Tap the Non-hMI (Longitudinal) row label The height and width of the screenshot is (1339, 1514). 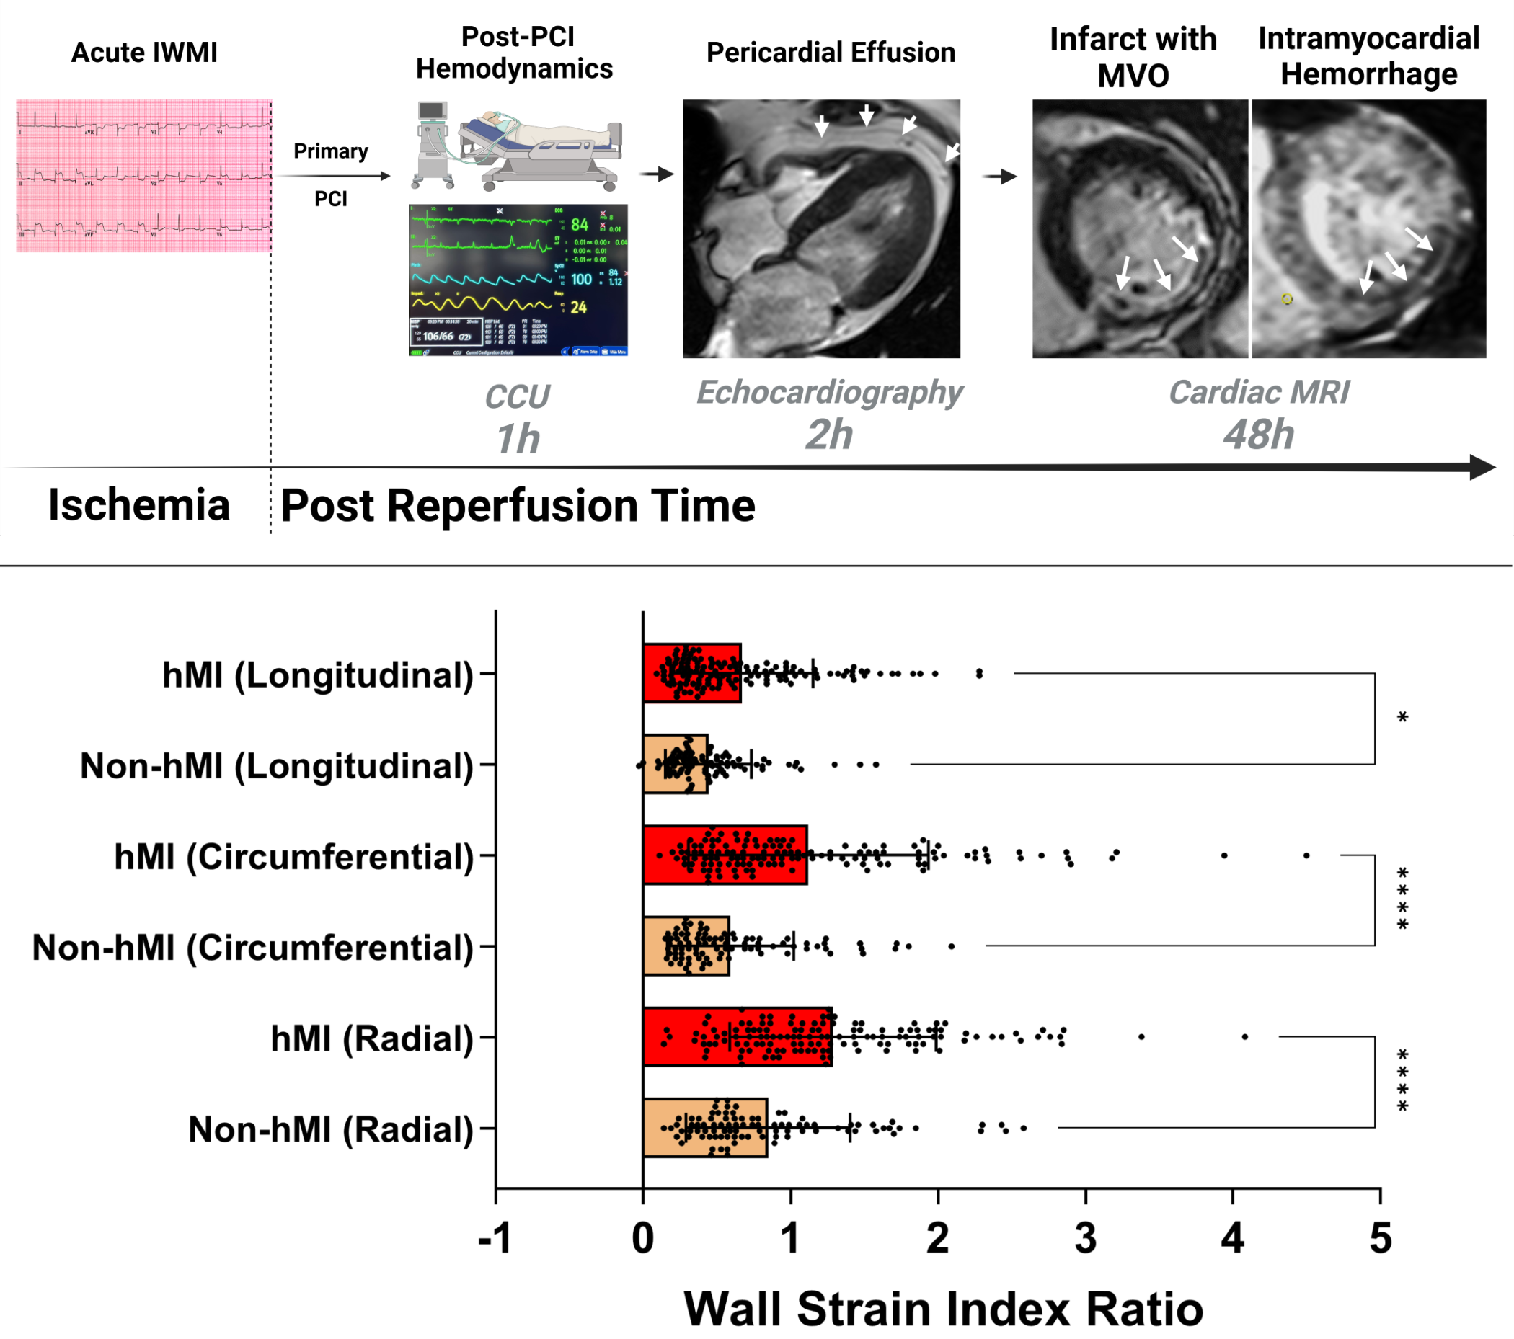pyautogui.click(x=276, y=765)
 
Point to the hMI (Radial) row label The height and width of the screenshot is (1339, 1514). pyautogui.click(x=372, y=1038)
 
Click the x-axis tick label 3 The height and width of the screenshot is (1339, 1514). pyautogui.click(x=1085, y=1237)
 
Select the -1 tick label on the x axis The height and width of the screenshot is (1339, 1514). pyautogui.click(x=495, y=1237)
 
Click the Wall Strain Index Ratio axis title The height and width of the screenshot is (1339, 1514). pyautogui.click(x=943, y=1309)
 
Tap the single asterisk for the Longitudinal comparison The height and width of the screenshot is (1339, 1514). pyautogui.click(x=1402, y=718)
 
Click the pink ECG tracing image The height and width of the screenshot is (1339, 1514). pyautogui.click(x=143, y=176)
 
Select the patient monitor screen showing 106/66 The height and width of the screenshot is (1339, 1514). pyautogui.click(x=518, y=280)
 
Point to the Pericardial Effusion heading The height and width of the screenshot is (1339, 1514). pyautogui.click(x=831, y=53)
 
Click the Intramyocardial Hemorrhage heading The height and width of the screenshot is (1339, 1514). pyautogui.click(x=1368, y=56)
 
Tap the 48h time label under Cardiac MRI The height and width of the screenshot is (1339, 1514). pyautogui.click(x=1259, y=434)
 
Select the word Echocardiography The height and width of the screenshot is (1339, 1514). pyautogui.click(x=830, y=392)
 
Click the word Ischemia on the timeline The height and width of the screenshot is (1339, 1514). pyautogui.click(x=139, y=505)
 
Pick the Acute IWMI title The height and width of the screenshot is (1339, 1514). pyautogui.click(x=144, y=53)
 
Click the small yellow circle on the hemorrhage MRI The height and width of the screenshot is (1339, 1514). pyautogui.click(x=1288, y=298)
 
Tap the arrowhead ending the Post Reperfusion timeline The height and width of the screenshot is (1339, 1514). pyautogui.click(x=1483, y=467)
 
